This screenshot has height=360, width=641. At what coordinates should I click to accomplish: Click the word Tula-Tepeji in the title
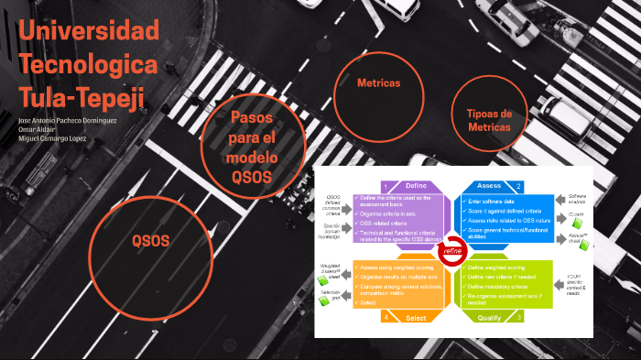81,94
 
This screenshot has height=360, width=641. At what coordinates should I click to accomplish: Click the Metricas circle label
378,83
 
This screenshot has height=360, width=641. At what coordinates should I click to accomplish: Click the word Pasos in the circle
252,118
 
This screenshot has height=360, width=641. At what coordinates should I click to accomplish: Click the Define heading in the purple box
416,186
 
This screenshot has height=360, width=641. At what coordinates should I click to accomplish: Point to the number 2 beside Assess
518,186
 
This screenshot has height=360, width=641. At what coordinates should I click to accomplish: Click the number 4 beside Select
386,317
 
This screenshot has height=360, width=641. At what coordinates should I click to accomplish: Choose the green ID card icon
578,223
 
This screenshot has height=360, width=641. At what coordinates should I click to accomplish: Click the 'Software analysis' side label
578,199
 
